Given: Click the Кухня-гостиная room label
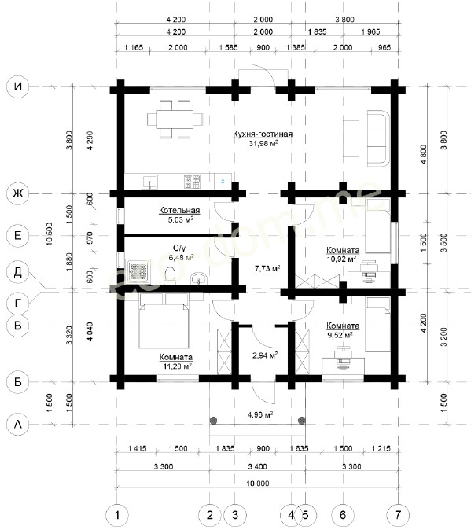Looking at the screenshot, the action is (x=263, y=134).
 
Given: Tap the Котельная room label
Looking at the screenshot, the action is (x=179, y=210).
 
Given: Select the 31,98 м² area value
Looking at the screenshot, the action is (x=263, y=143).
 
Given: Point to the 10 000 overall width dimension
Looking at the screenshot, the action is (x=257, y=484).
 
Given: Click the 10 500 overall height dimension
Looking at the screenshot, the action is (x=50, y=234).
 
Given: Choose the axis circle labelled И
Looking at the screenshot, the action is (x=17, y=86).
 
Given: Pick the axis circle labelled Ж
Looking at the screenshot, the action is (x=17, y=193).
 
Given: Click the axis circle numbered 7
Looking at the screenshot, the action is (x=398, y=515).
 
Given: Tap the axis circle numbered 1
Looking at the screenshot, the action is (x=117, y=515).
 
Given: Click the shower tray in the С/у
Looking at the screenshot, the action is (x=138, y=271).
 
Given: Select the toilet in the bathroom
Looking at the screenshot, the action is (x=170, y=275).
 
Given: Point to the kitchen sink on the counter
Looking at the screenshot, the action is (x=149, y=181).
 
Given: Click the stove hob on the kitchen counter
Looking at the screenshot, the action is (x=192, y=181).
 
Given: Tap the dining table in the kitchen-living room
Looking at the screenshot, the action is (x=175, y=120).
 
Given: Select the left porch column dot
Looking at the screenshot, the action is (x=213, y=421).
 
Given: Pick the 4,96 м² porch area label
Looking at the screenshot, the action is (x=260, y=414).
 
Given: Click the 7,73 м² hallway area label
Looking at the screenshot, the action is (x=267, y=268).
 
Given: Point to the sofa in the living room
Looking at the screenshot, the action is (x=378, y=138).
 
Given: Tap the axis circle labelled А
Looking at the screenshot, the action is (x=17, y=424).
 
